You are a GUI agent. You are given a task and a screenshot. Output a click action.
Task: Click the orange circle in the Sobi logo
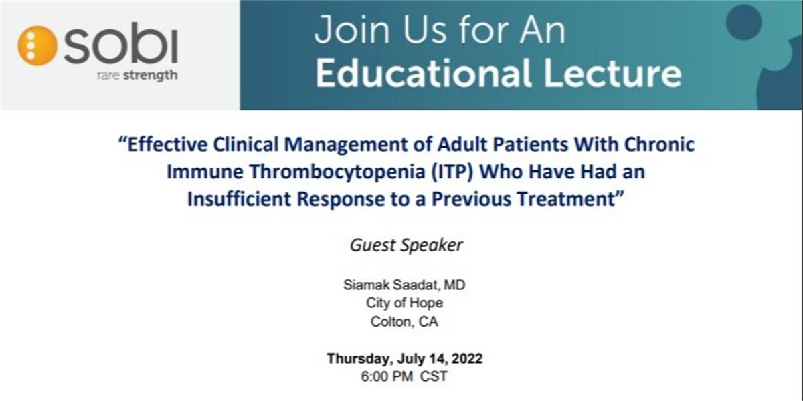coord(37,46)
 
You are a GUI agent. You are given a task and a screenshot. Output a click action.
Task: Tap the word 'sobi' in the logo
coord(120,43)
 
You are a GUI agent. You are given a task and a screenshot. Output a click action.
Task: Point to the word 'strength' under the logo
coord(150,76)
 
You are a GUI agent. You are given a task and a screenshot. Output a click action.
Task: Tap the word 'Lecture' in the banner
coord(613,73)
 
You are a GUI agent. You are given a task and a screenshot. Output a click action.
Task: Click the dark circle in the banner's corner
coord(744,22)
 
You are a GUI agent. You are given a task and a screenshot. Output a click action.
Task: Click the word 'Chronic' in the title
coord(659,144)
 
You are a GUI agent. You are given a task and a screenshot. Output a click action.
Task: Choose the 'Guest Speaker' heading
coord(406,246)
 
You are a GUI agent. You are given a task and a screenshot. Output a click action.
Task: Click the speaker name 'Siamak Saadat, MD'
coord(404,285)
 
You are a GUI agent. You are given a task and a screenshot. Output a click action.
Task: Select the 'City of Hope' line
coord(404,303)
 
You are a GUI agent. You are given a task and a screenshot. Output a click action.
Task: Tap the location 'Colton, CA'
coord(404,322)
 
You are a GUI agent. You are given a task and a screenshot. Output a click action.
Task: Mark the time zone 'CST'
coord(434,377)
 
